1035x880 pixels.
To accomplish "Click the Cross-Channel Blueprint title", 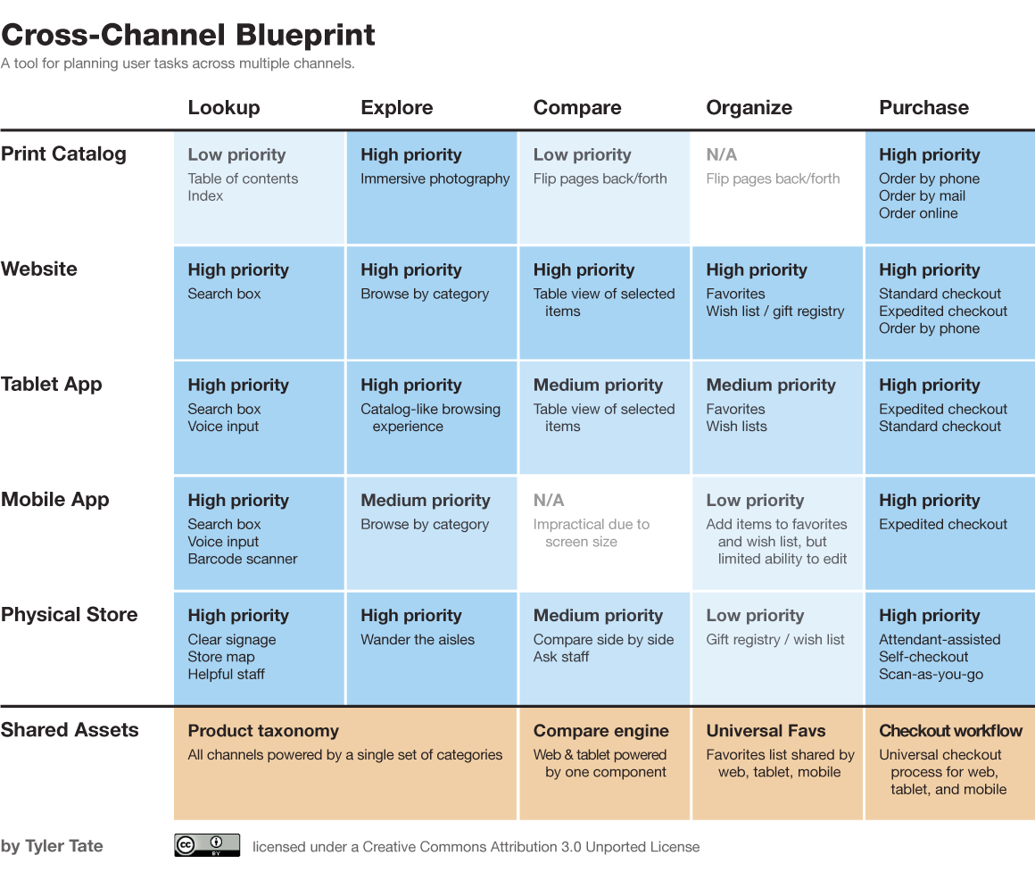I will coord(188,35).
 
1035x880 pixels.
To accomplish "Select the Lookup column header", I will coord(224,108).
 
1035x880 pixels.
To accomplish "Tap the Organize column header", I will coord(749,108).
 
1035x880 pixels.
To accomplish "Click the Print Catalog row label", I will coord(63,154).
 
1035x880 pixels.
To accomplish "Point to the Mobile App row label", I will coord(55,500).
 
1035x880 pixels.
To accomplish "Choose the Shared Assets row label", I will coord(70,730).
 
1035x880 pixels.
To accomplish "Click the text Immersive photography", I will coord(435,178).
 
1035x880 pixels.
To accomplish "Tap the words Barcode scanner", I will coord(242,559).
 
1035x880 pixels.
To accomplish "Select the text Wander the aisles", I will coord(417,639).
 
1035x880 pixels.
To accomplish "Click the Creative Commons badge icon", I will coord(207,845).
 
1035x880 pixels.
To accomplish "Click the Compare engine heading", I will coord(600,731).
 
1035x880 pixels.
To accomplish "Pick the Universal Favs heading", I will coord(766,731).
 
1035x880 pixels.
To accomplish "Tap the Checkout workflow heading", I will coord(950,731).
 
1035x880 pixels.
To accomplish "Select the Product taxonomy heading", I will coord(263,731).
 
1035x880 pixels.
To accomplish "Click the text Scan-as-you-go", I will coord(931,674).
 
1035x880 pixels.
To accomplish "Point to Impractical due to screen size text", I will coord(591,533).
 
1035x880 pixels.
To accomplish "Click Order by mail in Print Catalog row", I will coord(922,195).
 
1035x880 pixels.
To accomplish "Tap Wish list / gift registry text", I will coord(774,311).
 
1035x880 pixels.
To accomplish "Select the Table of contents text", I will coord(243,178).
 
